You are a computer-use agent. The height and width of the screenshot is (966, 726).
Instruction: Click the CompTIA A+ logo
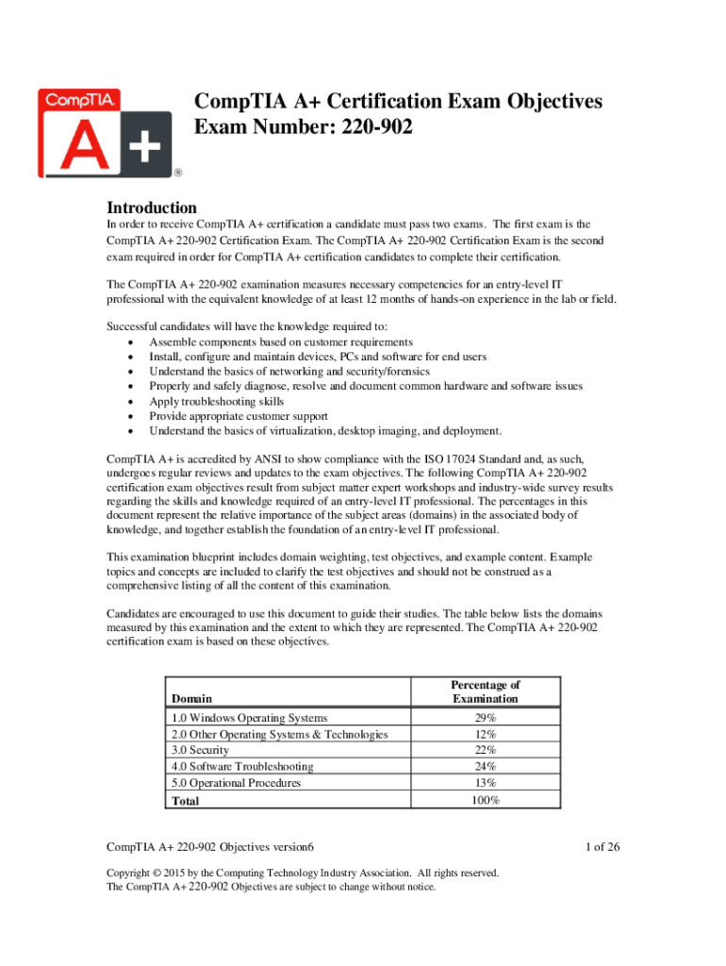[x=105, y=131]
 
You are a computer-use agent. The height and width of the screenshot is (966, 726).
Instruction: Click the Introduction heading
[x=152, y=208]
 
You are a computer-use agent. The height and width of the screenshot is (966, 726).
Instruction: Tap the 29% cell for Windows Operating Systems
[x=487, y=719]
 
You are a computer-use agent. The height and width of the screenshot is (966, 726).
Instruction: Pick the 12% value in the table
[x=487, y=735]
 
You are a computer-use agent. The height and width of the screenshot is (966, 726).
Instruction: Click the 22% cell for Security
[x=487, y=751]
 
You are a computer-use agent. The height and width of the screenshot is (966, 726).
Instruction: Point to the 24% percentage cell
[x=487, y=767]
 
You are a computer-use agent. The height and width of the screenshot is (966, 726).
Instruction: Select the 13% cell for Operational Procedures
[x=487, y=783]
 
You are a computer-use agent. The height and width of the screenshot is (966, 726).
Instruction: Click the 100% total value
[x=487, y=800]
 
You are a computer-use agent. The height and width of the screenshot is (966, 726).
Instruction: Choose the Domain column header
[x=191, y=699]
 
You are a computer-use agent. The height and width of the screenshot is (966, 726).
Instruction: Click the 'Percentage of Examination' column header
[x=486, y=691]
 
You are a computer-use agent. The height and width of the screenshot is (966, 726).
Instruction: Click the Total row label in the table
[x=186, y=801]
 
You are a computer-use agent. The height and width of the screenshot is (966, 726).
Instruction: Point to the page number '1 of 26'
[x=602, y=846]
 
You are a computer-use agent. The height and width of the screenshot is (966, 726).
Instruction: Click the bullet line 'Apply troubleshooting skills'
[x=216, y=401]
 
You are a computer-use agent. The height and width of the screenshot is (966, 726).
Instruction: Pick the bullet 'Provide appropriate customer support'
[x=239, y=416]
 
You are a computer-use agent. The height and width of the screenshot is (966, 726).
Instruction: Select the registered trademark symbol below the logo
[x=177, y=174]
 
